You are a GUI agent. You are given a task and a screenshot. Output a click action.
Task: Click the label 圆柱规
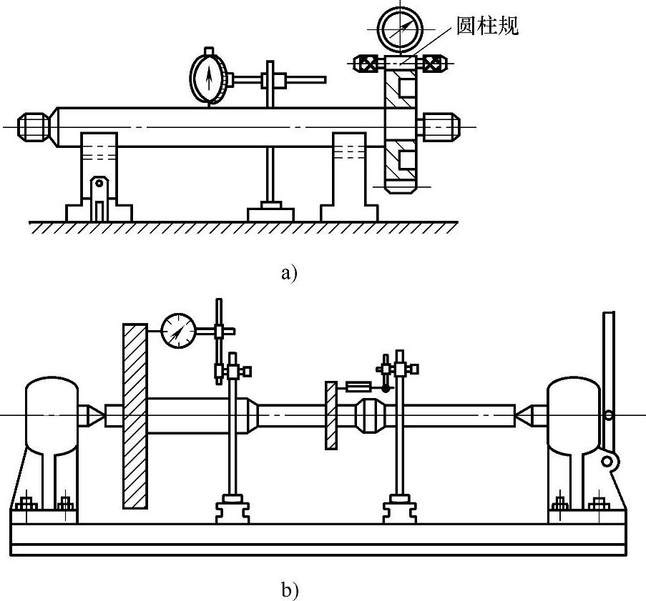click(486, 26)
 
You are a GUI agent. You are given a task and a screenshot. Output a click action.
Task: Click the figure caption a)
click(288, 272)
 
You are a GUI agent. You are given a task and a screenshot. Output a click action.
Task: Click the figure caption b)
click(289, 590)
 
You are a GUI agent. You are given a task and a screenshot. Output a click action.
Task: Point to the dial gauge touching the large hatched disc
click(178, 331)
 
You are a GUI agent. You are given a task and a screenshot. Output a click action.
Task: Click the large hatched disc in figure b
click(135, 415)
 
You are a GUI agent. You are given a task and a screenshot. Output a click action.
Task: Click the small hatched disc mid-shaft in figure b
click(331, 414)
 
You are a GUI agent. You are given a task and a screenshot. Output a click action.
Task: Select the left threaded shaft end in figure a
click(34, 127)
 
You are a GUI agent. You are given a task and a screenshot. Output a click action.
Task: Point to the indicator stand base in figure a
click(270, 213)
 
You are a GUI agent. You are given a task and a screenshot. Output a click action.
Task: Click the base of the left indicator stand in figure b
click(232, 510)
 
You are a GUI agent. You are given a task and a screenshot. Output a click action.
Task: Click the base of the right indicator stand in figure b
click(399, 510)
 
